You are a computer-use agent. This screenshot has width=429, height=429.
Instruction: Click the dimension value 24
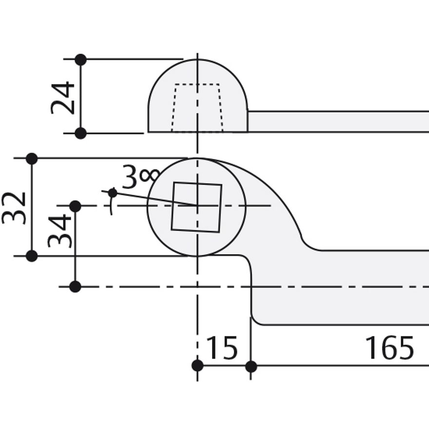point(63,97)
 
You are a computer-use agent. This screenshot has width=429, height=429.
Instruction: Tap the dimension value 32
point(14,208)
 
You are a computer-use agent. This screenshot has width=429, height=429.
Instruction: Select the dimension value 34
point(59,231)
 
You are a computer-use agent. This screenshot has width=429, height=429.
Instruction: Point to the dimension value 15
point(222,348)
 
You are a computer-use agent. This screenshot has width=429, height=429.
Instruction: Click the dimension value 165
point(390,348)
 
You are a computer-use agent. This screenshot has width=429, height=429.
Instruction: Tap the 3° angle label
point(140,176)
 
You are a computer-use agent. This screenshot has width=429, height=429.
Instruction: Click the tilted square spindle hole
point(196,207)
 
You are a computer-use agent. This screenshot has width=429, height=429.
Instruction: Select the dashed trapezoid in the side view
point(197,108)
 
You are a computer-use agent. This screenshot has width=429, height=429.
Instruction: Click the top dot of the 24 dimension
point(81,59)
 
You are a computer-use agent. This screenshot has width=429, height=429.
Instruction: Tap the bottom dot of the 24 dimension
point(81,133)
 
